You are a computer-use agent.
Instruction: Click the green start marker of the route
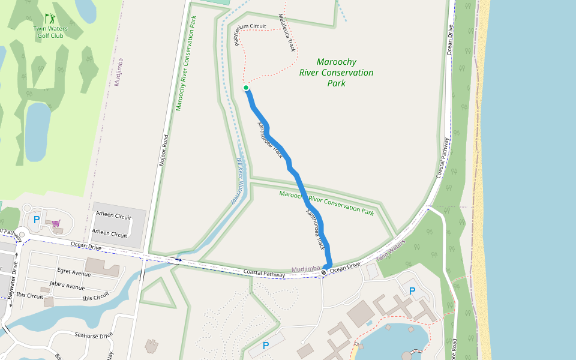pos(246,88)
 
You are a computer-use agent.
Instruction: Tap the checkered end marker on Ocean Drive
pos(324,273)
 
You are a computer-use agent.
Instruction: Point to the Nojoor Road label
pos(163,149)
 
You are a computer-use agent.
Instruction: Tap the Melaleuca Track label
pos(287,33)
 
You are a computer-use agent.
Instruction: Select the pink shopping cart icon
pos(56,223)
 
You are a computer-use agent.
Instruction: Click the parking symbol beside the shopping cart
pos(37,220)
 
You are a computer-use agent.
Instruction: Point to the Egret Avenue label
pos(74,273)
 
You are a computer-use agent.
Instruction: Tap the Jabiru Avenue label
pos(67,286)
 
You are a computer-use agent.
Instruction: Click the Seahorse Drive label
pos(94,335)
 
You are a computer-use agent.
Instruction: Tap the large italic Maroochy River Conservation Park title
pos(336,73)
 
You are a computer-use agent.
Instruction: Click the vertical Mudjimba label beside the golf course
pos(118,72)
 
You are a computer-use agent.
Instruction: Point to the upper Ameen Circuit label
pos(114,216)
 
